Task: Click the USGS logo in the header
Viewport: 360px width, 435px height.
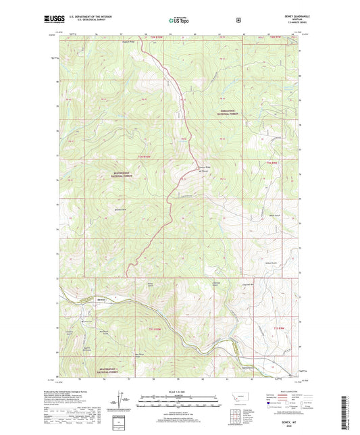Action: [x=56, y=20]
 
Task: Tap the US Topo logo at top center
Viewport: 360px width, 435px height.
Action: [x=179, y=20]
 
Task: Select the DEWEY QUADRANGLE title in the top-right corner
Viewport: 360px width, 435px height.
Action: [x=292, y=18]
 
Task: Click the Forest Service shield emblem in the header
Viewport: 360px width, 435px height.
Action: [x=237, y=20]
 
